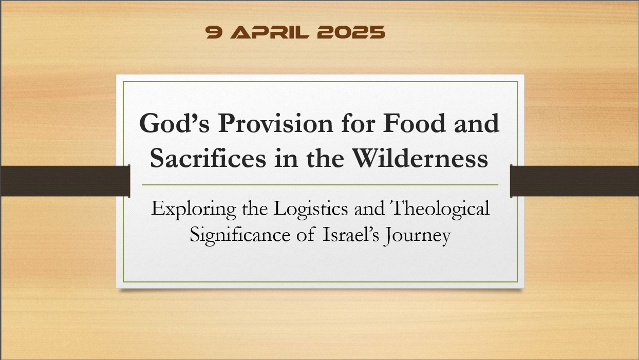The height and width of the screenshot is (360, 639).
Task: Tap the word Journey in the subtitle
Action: point(418,236)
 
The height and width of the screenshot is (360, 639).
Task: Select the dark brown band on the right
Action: point(575,181)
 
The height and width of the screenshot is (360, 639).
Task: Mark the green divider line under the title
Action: point(319,184)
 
